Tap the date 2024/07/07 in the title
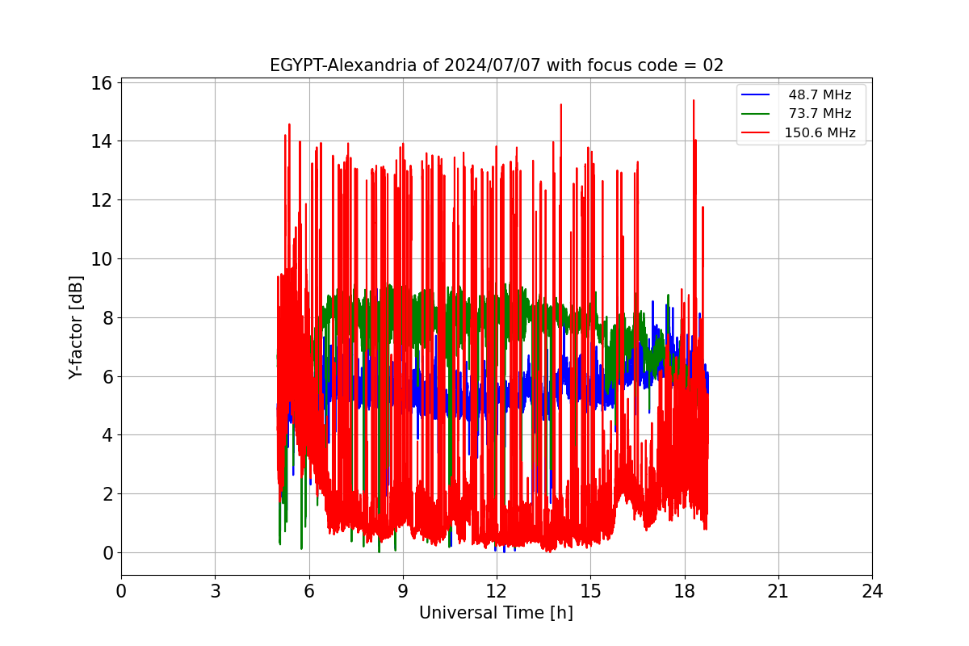point(493,65)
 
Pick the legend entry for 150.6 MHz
point(799,132)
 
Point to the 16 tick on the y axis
point(101,83)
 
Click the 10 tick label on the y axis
point(101,259)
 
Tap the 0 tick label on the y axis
point(107,553)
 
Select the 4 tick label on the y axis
point(107,435)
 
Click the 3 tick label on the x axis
point(216,591)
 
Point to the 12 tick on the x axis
point(497,591)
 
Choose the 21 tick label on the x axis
point(778,591)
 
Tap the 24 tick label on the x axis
point(872,591)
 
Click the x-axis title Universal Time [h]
point(496,613)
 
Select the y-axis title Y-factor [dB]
point(76,328)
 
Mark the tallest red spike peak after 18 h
point(694,100)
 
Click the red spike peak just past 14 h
point(561,105)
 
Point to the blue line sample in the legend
point(755,94)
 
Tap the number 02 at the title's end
point(713,65)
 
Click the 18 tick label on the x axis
point(685,591)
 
